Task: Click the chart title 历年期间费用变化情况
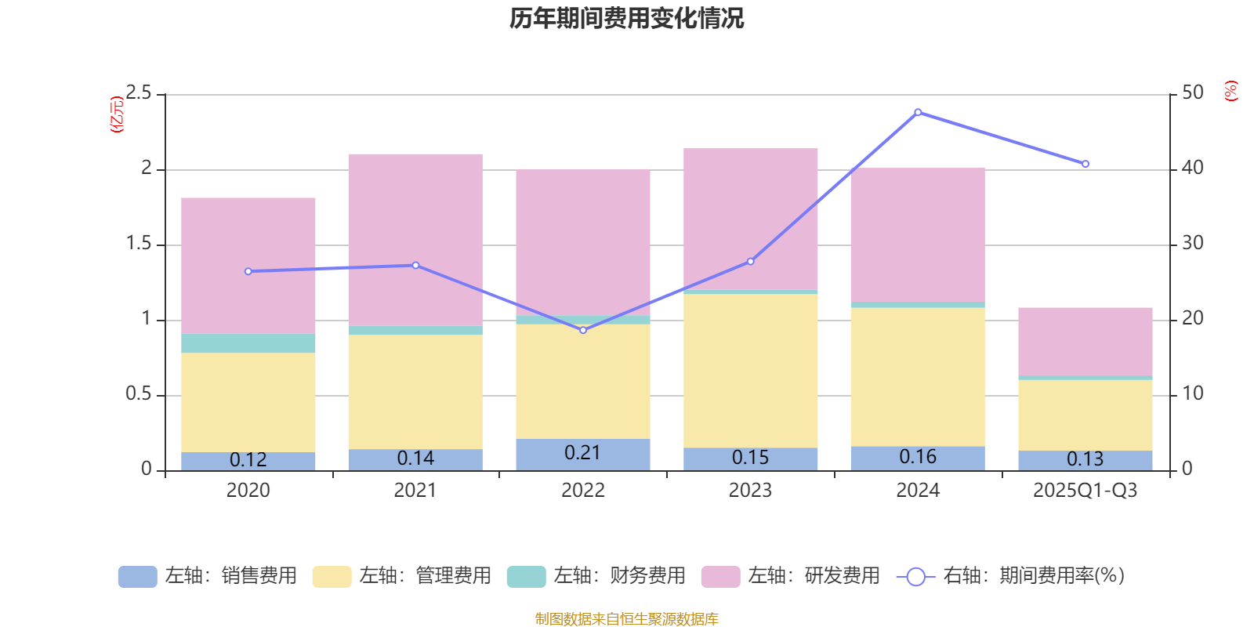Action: pyautogui.click(x=626, y=18)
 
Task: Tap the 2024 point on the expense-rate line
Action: pyautogui.click(x=918, y=112)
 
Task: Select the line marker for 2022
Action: pyautogui.click(x=582, y=330)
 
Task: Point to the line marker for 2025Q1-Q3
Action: pyautogui.click(x=1085, y=164)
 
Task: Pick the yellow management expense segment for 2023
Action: pyautogui.click(x=750, y=371)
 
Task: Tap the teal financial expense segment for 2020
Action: pyautogui.click(x=248, y=343)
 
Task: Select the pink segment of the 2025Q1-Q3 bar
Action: pyautogui.click(x=1085, y=341)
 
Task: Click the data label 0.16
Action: pyautogui.click(x=918, y=457)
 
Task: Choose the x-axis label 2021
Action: pyautogui.click(x=415, y=491)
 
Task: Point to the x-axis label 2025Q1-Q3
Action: pyautogui.click(x=1085, y=491)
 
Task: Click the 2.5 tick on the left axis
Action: pyautogui.click(x=139, y=93)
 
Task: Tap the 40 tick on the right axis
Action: pyautogui.click(x=1193, y=168)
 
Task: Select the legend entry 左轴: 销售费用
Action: pyautogui.click(x=208, y=576)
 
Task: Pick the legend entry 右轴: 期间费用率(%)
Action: pyautogui.click(x=1011, y=576)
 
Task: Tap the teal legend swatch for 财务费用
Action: pyautogui.click(x=526, y=577)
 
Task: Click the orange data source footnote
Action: pyautogui.click(x=626, y=619)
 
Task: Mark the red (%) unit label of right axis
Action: pyautogui.click(x=1230, y=91)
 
